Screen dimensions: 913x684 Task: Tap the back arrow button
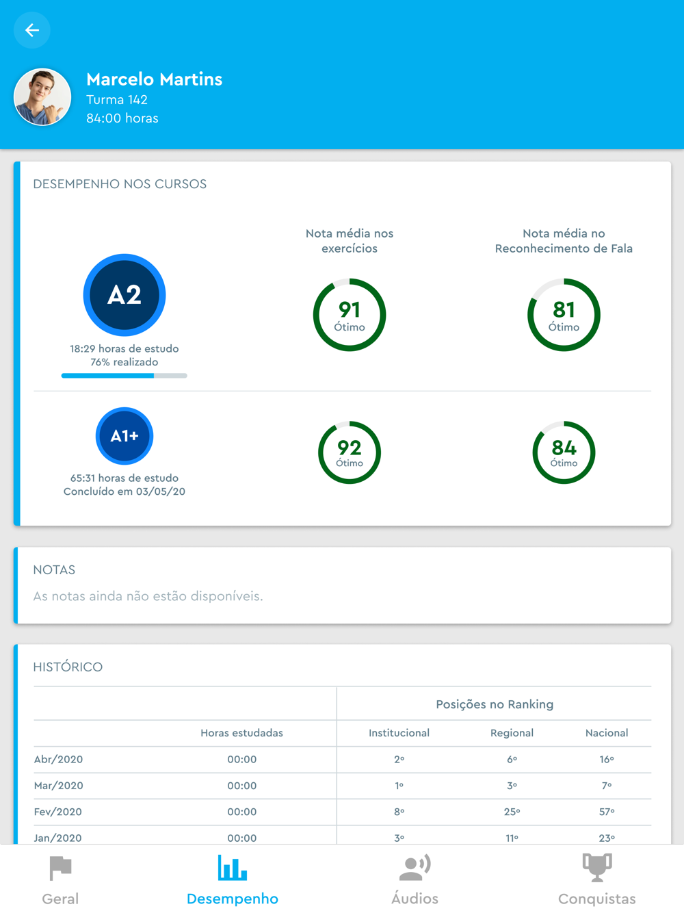pos(31,30)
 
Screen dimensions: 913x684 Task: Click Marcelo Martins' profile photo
pos(42,97)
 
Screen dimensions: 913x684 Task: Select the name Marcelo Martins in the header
pos(154,79)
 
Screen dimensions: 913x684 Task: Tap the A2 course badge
pos(124,295)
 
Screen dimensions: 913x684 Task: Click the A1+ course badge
pos(124,436)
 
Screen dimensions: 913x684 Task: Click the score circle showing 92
pos(350,452)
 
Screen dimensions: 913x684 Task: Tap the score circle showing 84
pos(564,452)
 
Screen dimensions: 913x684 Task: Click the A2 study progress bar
pos(124,376)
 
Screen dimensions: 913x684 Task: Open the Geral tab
pos(60,880)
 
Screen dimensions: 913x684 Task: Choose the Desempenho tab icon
pos(232,868)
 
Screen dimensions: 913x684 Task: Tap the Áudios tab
pos(415,880)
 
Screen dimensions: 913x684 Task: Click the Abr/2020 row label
pos(59,759)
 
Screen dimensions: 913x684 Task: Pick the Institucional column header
pos(399,733)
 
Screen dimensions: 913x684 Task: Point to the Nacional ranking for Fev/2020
pos(607,812)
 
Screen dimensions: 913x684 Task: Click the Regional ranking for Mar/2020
pos(512,786)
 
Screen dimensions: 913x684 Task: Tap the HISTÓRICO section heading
pos(68,667)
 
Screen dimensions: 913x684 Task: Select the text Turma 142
pos(117,100)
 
